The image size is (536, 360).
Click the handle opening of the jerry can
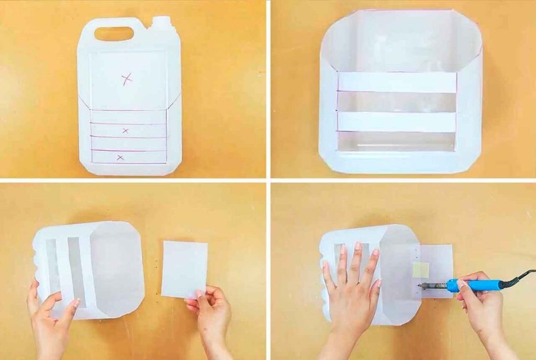pos(114,33)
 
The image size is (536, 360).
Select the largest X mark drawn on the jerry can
pos(127,79)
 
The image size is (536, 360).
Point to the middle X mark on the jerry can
pos(125,130)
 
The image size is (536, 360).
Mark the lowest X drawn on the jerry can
pos(120,157)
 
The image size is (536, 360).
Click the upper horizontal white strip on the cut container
pos(396,82)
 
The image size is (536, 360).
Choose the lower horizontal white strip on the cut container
pos(396,121)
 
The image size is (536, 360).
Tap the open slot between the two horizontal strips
pos(396,102)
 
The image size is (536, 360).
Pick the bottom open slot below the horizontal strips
pos(396,141)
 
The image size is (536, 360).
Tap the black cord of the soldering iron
pos(521,276)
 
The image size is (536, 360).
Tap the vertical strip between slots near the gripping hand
pos(63,267)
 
